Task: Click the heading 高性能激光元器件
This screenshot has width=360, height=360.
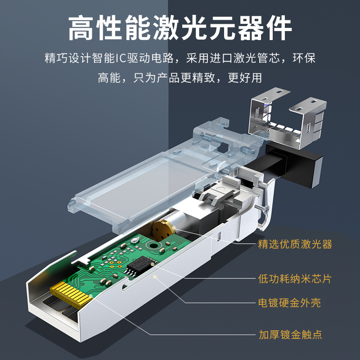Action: [180, 28]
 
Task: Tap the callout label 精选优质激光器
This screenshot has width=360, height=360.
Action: [295, 244]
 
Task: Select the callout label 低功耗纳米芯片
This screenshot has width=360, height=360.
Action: [295, 279]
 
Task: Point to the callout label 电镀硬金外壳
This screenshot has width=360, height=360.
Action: [289, 303]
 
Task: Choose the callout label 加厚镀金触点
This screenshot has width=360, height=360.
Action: [290, 335]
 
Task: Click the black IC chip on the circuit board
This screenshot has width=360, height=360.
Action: [140, 265]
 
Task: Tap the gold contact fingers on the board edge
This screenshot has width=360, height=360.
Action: [70, 294]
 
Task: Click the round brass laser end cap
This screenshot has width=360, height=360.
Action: [162, 230]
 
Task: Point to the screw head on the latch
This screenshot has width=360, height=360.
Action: [266, 209]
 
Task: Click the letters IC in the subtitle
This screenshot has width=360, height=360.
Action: [121, 58]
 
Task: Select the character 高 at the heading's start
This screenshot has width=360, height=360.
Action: [81, 28]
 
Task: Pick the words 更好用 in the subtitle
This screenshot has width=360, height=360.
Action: [245, 78]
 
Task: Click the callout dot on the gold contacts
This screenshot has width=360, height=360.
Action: [91, 296]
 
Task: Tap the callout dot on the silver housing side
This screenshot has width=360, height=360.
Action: [155, 277]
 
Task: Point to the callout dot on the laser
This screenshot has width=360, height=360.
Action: [174, 228]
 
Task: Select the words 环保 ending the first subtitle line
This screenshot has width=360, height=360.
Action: [304, 58]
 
